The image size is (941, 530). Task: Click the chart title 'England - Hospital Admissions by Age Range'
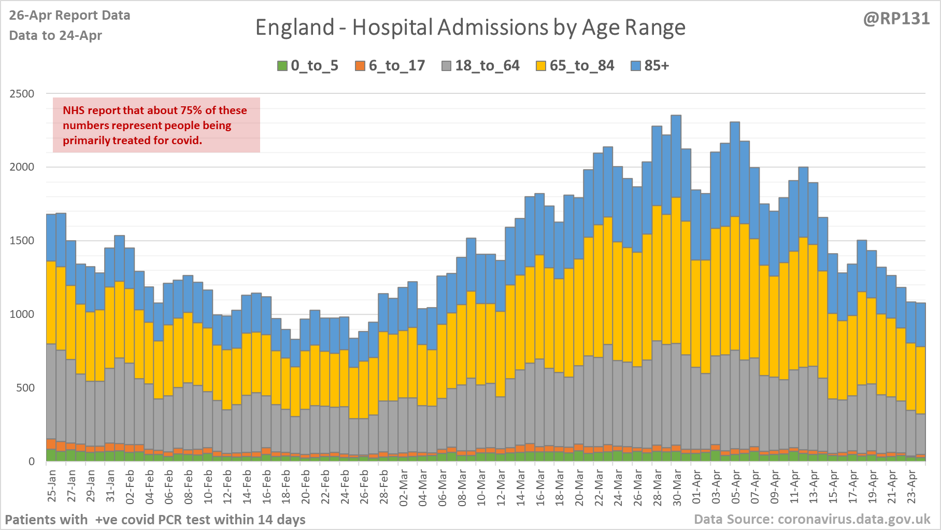coord(470,27)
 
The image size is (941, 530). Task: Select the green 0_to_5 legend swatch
coord(282,66)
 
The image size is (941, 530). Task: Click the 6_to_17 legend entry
coord(390,66)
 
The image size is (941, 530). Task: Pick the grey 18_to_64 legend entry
coord(480,66)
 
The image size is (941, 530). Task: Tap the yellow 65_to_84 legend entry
coord(575,66)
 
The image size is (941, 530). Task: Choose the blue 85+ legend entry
coord(650,66)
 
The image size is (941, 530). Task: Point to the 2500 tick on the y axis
coord(22,94)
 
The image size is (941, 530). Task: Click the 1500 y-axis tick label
coord(22,241)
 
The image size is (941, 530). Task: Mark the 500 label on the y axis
coord(25,388)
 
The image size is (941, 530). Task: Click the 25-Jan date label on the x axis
coord(52,485)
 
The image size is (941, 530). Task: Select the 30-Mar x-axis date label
coord(677,485)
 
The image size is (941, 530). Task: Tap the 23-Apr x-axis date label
coord(911,485)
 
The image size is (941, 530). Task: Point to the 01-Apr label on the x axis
coord(696,485)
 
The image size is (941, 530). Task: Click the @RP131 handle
coord(896,19)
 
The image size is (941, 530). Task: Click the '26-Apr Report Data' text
coord(69,16)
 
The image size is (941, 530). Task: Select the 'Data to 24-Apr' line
coord(55,35)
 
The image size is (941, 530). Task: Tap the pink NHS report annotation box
coord(156,125)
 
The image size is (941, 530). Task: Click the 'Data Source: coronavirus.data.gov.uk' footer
coord(812,519)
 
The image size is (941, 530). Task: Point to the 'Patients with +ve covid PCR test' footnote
coord(155,520)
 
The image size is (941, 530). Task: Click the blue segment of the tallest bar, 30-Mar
coord(676,156)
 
